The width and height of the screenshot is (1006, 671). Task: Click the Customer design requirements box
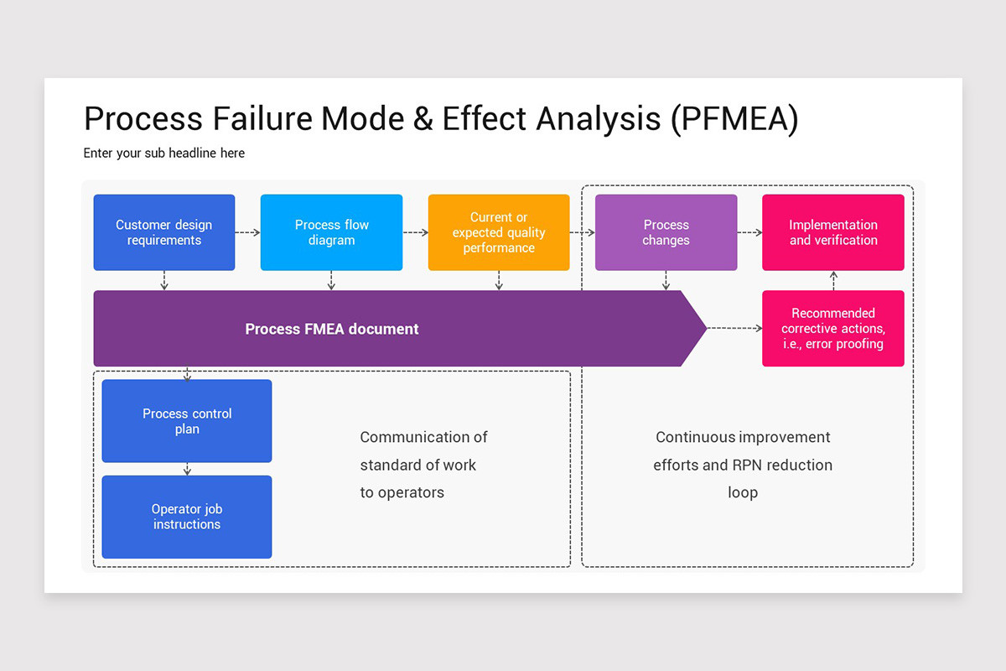(164, 232)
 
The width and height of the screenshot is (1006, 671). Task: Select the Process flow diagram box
(331, 232)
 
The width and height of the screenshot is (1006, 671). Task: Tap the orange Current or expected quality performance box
(499, 232)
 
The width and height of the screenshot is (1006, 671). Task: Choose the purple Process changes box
(666, 232)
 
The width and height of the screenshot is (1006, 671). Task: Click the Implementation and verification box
(833, 232)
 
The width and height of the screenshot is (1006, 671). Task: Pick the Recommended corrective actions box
(833, 328)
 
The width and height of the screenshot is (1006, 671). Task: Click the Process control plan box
(187, 421)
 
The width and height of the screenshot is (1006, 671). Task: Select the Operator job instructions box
(187, 517)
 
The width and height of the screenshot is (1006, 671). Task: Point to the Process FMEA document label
(332, 329)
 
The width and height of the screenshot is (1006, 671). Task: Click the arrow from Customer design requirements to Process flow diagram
(248, 232)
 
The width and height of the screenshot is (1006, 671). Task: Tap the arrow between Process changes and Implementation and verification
(749, 232)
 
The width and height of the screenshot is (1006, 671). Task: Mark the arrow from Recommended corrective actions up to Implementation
(833, 280)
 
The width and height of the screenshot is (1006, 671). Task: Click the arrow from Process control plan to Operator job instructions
(187, 469)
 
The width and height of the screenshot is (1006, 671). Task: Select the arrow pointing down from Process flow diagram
(331, 281)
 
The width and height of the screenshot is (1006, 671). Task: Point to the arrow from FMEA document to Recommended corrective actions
(734, 329)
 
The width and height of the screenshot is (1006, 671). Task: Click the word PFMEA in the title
(734, 119)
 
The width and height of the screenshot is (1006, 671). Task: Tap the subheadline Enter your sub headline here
(164, 153)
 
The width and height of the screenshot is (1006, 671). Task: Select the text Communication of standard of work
(423, 451)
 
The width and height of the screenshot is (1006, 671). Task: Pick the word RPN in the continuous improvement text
(748, 465)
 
